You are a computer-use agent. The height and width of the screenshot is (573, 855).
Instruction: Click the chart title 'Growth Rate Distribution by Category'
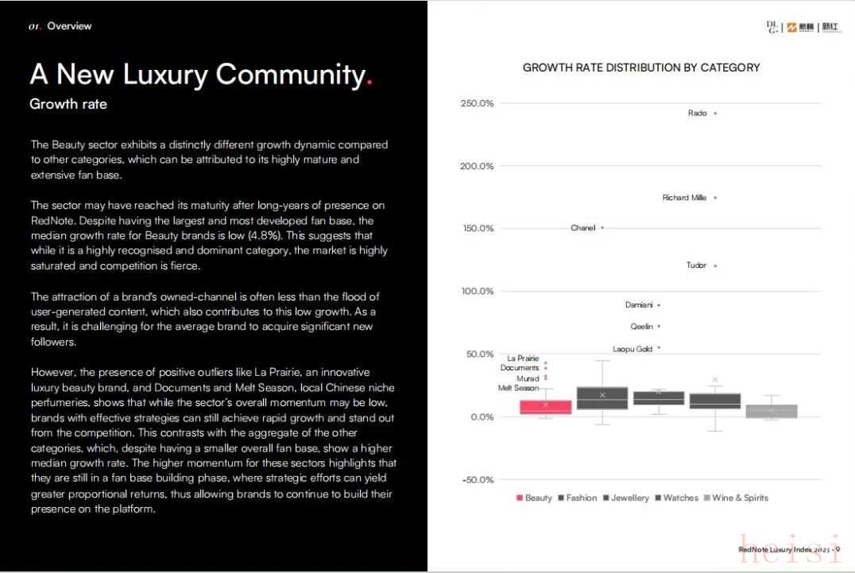pyautogui.click(x=640, y=68)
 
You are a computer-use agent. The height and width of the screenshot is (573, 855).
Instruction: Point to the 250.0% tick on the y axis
pyautogui.click(x=477, y=103)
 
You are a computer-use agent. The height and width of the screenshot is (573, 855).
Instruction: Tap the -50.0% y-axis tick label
pyautogui.click(x=477, y=480)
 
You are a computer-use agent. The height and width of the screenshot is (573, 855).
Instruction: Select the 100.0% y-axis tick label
pyautogui.click(x=477, y=292)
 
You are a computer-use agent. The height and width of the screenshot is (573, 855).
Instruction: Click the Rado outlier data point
pyautogui.click(x=715, y=114)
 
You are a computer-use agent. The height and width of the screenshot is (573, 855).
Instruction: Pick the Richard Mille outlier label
pyautogui.click(x=684, y=198)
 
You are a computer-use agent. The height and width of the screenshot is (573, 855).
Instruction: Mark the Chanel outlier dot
pyautogui.click(x=602, y=228)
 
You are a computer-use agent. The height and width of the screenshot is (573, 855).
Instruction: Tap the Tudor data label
pyautogui.click(x=696, y=265)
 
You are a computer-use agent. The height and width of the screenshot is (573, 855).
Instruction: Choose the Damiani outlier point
pyautogui.click(x=659, y=305)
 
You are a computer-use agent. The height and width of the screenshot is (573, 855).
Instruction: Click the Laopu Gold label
pyautogui.click(x=633, y=349)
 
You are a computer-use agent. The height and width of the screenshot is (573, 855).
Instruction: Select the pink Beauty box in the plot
pyautogui.click(x=546, y=407)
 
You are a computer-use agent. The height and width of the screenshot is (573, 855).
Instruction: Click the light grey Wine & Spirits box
pyautogui.click(x=772, y=411)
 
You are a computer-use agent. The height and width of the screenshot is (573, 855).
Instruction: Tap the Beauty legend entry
pyautogui.click(x=534, y=498)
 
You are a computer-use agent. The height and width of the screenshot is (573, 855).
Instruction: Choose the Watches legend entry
pyautogui.click(x=676, y=498)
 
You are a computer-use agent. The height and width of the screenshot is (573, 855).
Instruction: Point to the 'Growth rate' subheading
pyautogui.click(x=68, y=104)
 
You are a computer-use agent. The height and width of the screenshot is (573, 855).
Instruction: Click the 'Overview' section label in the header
pyautogui.click(x=69, y=26)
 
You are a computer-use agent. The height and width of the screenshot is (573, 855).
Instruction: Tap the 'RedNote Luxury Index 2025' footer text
pyautogui.click(x=783, y=549)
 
